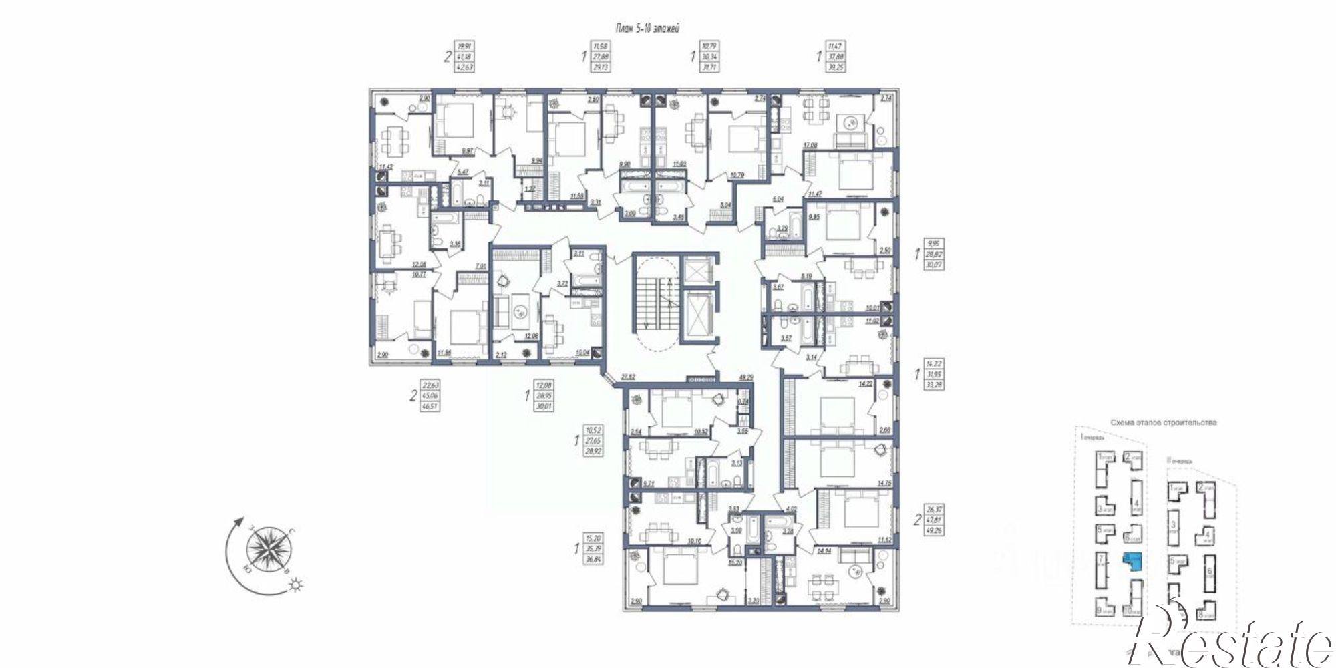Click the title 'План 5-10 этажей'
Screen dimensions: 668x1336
click(x=647, y=28)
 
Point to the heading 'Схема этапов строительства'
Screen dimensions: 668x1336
click(x=1163, y=422)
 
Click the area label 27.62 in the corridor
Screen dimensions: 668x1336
click(x=627, y=377)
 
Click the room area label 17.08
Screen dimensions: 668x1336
click(x=810, y=144)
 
